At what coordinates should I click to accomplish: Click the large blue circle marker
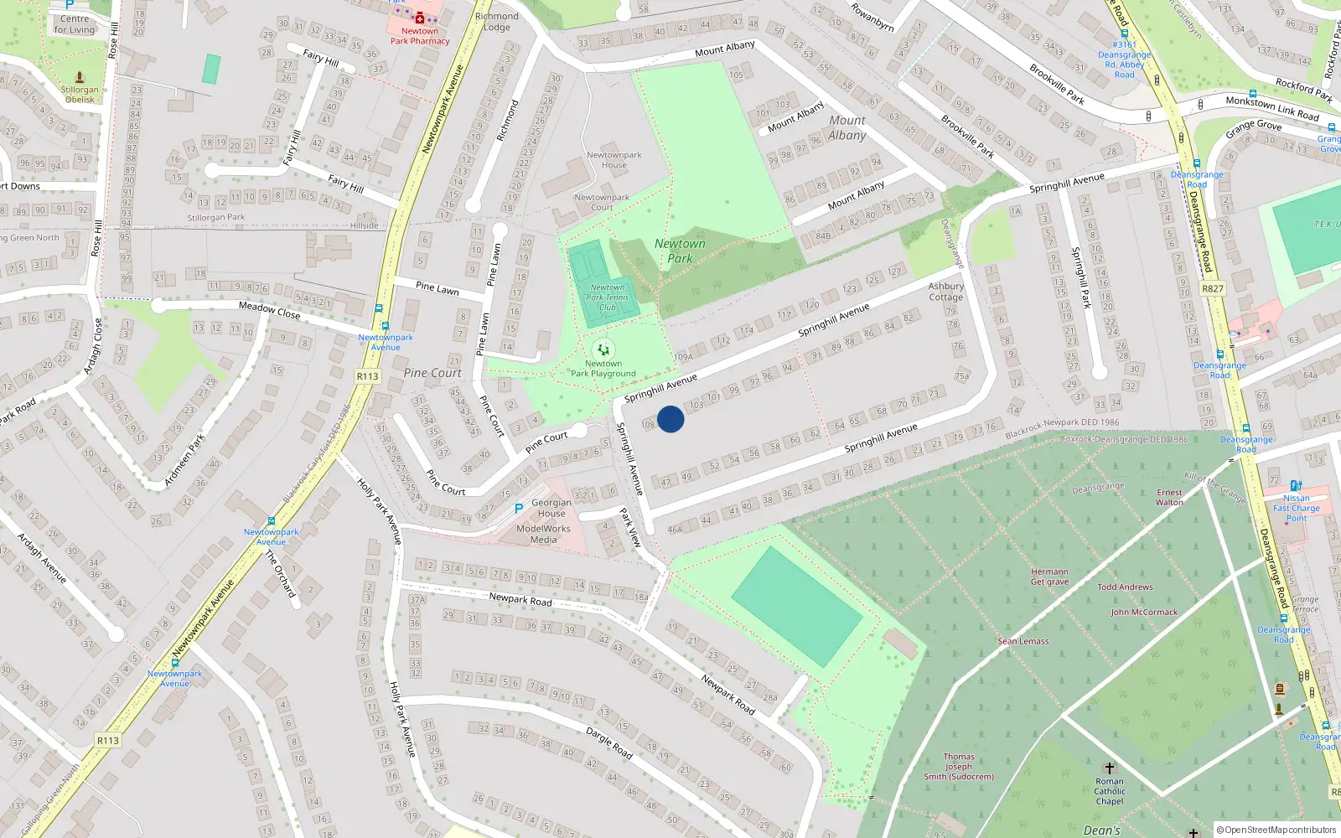click(x=670, y=419)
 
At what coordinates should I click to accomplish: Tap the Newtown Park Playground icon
click(x=603, y=349)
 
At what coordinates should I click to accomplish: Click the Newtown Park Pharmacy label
click(x=420, y=36)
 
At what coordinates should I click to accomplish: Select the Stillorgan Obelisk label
click(x=80, y=95)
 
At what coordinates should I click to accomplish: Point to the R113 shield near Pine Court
click(x=367, y=376)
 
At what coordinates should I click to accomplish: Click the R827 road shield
click(x=1212, y=288)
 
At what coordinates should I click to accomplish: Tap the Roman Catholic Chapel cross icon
click(x=1109, y=768)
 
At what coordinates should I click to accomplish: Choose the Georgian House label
click(x=551, y=508)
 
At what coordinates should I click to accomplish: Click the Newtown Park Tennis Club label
click(x=608, y=297)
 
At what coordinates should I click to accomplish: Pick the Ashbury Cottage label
click(x=945, y=292)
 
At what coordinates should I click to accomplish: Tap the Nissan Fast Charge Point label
click(x=1296, y=508)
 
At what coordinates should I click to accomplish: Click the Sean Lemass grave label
click(x=1023, y=641)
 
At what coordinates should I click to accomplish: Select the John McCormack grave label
click(x=1144, y=612)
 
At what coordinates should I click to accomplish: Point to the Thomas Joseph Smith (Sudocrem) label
click(x=959, y=767)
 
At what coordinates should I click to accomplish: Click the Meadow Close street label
click(x=269, y=310)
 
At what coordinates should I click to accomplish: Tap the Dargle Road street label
click(x=609, y=742)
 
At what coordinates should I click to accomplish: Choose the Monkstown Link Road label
click(x=1271, y=106)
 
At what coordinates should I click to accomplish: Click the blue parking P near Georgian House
click(x=519, y=509)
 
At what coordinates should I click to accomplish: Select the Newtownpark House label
click(x=614, y=160)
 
